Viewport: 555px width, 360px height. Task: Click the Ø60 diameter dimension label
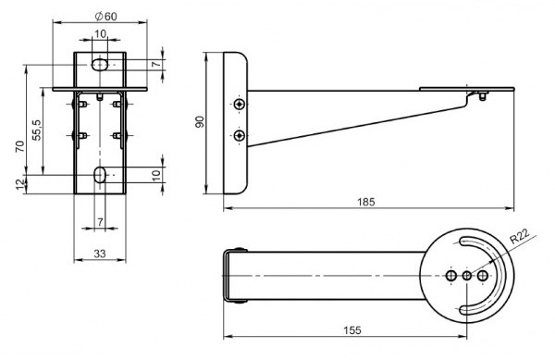click(x=105, y=16)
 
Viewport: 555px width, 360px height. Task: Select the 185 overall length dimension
click(x=365, y=202)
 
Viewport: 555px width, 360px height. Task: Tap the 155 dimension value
click(x=352, y=329)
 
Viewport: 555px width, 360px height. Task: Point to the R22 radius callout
click(x=519, y=236)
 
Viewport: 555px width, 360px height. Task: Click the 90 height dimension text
click(x=200, y=122)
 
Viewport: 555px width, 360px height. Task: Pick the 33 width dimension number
click(x=100, y=254)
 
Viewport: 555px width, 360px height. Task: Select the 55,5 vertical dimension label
click(x=37, y=130)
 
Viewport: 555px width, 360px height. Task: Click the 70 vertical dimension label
click(x=20, y=146)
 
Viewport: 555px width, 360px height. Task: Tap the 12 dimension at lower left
click(x=21, y=184)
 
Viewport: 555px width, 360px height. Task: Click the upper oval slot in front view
click(x=100, y=65)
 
